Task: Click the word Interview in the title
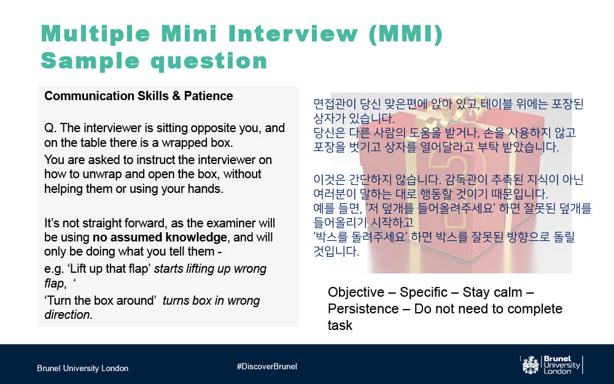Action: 293,33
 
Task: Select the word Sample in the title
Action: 90,61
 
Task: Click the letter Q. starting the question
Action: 50,128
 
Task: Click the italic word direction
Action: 68,315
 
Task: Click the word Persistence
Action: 363,309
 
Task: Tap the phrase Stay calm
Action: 492,292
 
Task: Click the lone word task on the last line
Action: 340,325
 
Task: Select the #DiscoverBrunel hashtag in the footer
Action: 266,366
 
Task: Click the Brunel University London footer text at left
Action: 83,368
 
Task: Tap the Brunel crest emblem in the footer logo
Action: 530,365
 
